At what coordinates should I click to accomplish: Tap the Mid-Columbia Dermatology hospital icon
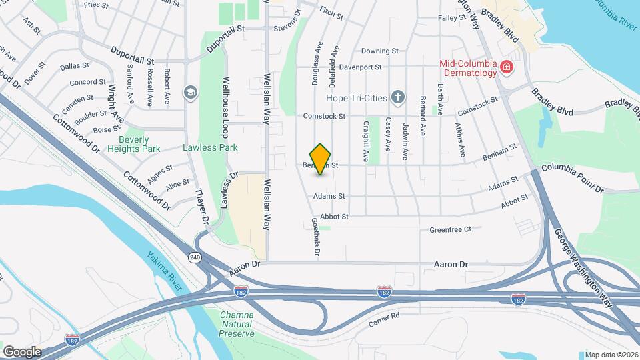(506, 67)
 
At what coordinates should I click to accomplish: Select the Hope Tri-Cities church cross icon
(398, 98)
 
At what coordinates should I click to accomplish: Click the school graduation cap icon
(190, 92)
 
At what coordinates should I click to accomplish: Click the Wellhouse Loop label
(225, 117)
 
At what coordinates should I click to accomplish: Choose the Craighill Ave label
(365, 140)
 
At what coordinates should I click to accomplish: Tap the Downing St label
(379, 51)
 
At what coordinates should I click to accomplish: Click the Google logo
(21, 351)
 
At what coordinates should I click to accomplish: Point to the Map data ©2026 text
(611, 355)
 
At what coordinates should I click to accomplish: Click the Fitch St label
(331, 13)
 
